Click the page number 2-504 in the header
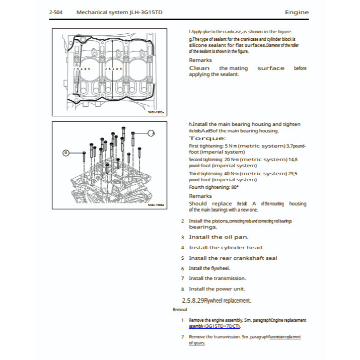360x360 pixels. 58,12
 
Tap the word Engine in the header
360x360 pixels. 296,12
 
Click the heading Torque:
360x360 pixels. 207,138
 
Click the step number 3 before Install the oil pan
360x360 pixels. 183,237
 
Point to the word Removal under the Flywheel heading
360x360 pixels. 180,309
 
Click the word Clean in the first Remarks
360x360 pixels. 199,68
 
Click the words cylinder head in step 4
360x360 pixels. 244,247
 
